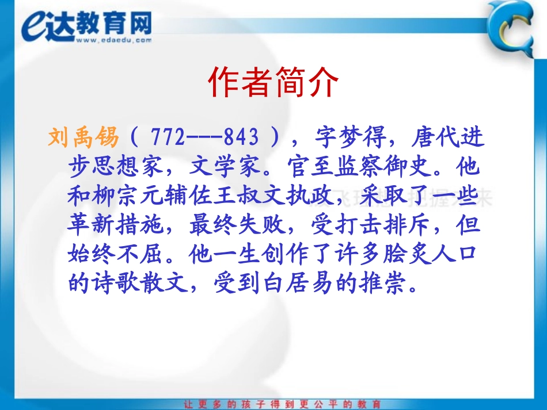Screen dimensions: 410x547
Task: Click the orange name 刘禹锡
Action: (83, 138)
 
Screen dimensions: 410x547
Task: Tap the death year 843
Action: (241, 138)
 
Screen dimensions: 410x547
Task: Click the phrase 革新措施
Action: (117, 225)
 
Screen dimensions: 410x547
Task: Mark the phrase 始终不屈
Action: (117, 255)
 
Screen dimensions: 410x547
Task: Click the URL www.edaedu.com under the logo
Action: (113, 40)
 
